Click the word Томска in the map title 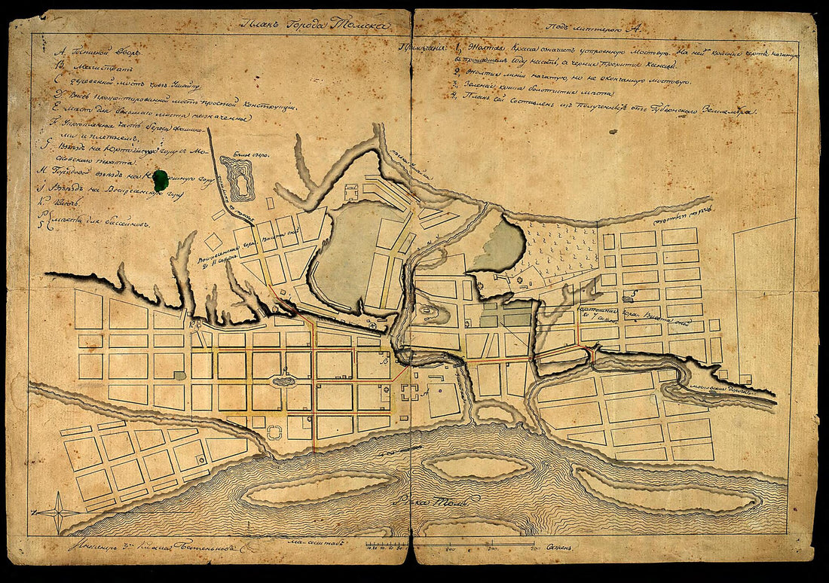[x=363, y=23]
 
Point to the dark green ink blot [x=161, y=179]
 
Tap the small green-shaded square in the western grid [x=179, y=375]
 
